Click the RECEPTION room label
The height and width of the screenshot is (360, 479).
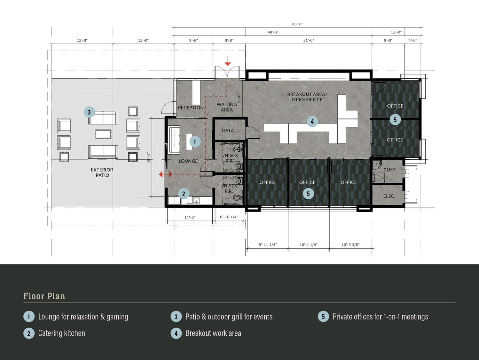point(191,108)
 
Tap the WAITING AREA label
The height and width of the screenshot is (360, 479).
point(227,107)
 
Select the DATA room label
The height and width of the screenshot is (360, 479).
point(228,131)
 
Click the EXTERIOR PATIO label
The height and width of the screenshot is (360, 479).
point(102,172)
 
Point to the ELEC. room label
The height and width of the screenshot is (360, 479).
point(389,196)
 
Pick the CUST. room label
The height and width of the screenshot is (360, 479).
point(390,170)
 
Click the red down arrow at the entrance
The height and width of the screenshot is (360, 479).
point(228,61)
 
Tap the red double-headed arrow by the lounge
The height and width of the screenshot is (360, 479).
point(166,174)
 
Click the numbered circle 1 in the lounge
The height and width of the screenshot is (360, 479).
point(195,141)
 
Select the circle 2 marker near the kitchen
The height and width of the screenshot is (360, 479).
point(184,194)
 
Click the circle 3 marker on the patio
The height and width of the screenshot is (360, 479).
point(89,112)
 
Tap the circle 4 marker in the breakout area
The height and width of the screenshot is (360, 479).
point(312,122)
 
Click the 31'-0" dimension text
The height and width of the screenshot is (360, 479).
point(309,40)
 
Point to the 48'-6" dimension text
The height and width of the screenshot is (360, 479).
point(273,32)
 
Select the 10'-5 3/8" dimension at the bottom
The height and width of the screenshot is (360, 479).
point(350,245)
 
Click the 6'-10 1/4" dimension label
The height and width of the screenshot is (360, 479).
point(229,217)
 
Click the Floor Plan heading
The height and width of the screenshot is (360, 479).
point(44,296)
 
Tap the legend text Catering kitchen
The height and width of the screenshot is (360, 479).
point(62,333)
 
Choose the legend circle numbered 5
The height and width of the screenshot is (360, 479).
point(323,316)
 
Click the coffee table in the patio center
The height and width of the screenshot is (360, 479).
point(103,134)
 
